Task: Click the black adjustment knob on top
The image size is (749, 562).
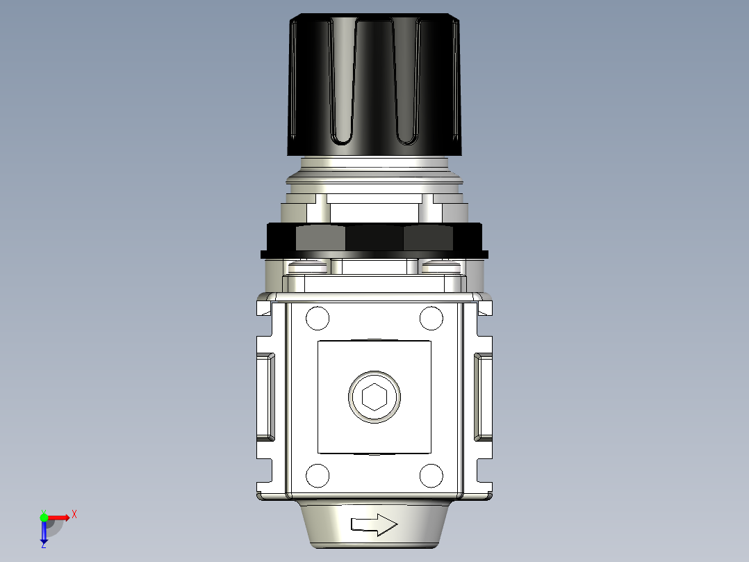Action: coord(374,83)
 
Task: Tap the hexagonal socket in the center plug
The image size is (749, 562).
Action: coord(374,397)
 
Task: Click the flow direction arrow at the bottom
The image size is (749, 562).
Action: coord(374,525)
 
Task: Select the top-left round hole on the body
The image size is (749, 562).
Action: coord(318,319)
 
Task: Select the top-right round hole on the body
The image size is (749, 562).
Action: coord(431,319)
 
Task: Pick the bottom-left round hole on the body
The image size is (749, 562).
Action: coord(318,476)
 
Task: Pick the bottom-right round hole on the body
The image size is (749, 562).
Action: coord(431,476)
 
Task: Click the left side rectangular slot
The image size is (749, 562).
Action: coord(266,397)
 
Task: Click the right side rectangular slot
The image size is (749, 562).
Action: coord(483,397)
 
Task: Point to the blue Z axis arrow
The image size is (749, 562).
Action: coord(44,532)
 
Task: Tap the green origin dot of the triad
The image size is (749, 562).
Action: coord(44,517)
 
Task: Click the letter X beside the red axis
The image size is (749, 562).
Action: coord(74,515)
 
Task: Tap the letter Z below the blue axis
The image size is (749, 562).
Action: coord(43,545)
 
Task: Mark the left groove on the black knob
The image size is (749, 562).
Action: coord(345,83)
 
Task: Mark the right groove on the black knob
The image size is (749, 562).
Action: coord(405,83)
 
